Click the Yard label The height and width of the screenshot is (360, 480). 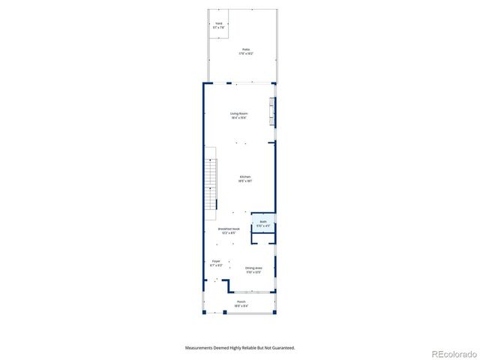click(219, 23)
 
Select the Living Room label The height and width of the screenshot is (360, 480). click(239, 113)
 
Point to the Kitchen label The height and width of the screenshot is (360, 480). click(244, 177)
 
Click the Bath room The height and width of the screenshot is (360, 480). click(263, 223)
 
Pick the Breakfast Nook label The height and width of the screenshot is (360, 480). click(229, 229)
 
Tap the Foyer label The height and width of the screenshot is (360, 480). click(216, 262)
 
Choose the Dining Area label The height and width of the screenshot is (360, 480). click(253, 268)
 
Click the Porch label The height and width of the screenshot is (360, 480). click(241, 301)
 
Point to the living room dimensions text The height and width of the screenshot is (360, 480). click(239, 118)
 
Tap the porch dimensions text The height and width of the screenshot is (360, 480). click(241, 306)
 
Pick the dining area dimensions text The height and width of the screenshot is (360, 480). click(253, 272)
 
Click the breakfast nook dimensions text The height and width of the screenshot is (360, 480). click(229, 233)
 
